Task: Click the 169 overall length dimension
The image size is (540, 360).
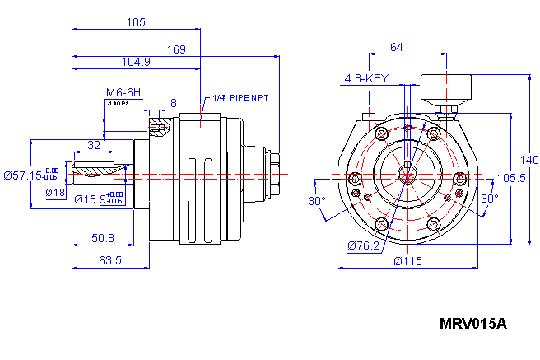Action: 176,49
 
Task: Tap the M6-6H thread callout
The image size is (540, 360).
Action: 123,92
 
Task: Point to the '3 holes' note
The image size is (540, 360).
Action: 117,103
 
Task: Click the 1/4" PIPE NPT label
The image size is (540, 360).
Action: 240,97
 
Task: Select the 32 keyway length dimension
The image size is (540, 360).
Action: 94,144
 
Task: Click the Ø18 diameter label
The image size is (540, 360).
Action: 55,192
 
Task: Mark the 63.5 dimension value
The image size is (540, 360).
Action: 110,260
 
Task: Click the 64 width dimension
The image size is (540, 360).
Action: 396,48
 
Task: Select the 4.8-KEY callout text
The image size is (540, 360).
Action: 365,79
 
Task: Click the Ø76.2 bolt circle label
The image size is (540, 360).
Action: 362,245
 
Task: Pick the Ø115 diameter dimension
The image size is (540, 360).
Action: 407,260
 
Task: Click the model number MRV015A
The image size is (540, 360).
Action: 472,324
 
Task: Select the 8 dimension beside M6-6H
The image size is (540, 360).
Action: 173,103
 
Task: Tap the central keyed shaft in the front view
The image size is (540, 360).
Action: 408,174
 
